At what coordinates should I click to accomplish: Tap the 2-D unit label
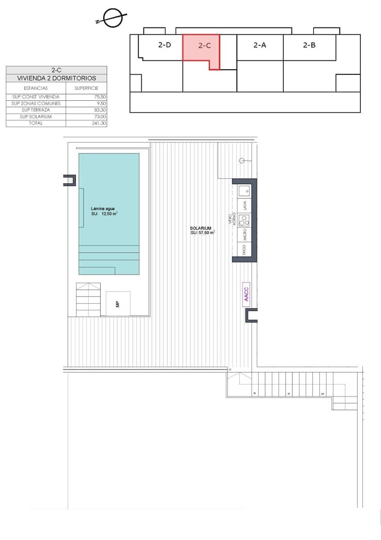(164, 45)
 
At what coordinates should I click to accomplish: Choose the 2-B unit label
(309, 45)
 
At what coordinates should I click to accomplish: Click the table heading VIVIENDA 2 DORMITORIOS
(56, 78)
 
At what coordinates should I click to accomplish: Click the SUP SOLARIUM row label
(36, 117)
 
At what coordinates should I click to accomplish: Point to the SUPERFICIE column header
(86, 88)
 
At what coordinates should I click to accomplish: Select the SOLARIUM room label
(201, 229)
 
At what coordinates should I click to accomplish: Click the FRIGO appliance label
(244, 249)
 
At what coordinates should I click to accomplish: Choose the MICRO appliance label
(244, 234)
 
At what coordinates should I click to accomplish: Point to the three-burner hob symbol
(244, 220)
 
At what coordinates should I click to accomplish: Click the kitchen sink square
(244, 190)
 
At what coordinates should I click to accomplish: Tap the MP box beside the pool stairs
(118, 304)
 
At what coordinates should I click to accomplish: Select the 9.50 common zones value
(99, 103)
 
